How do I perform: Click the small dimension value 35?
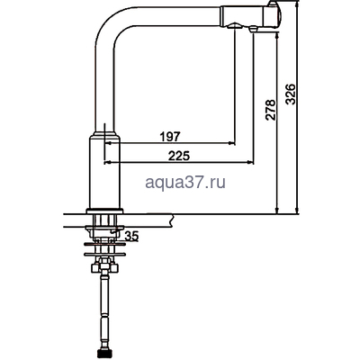tap(132, 236)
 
